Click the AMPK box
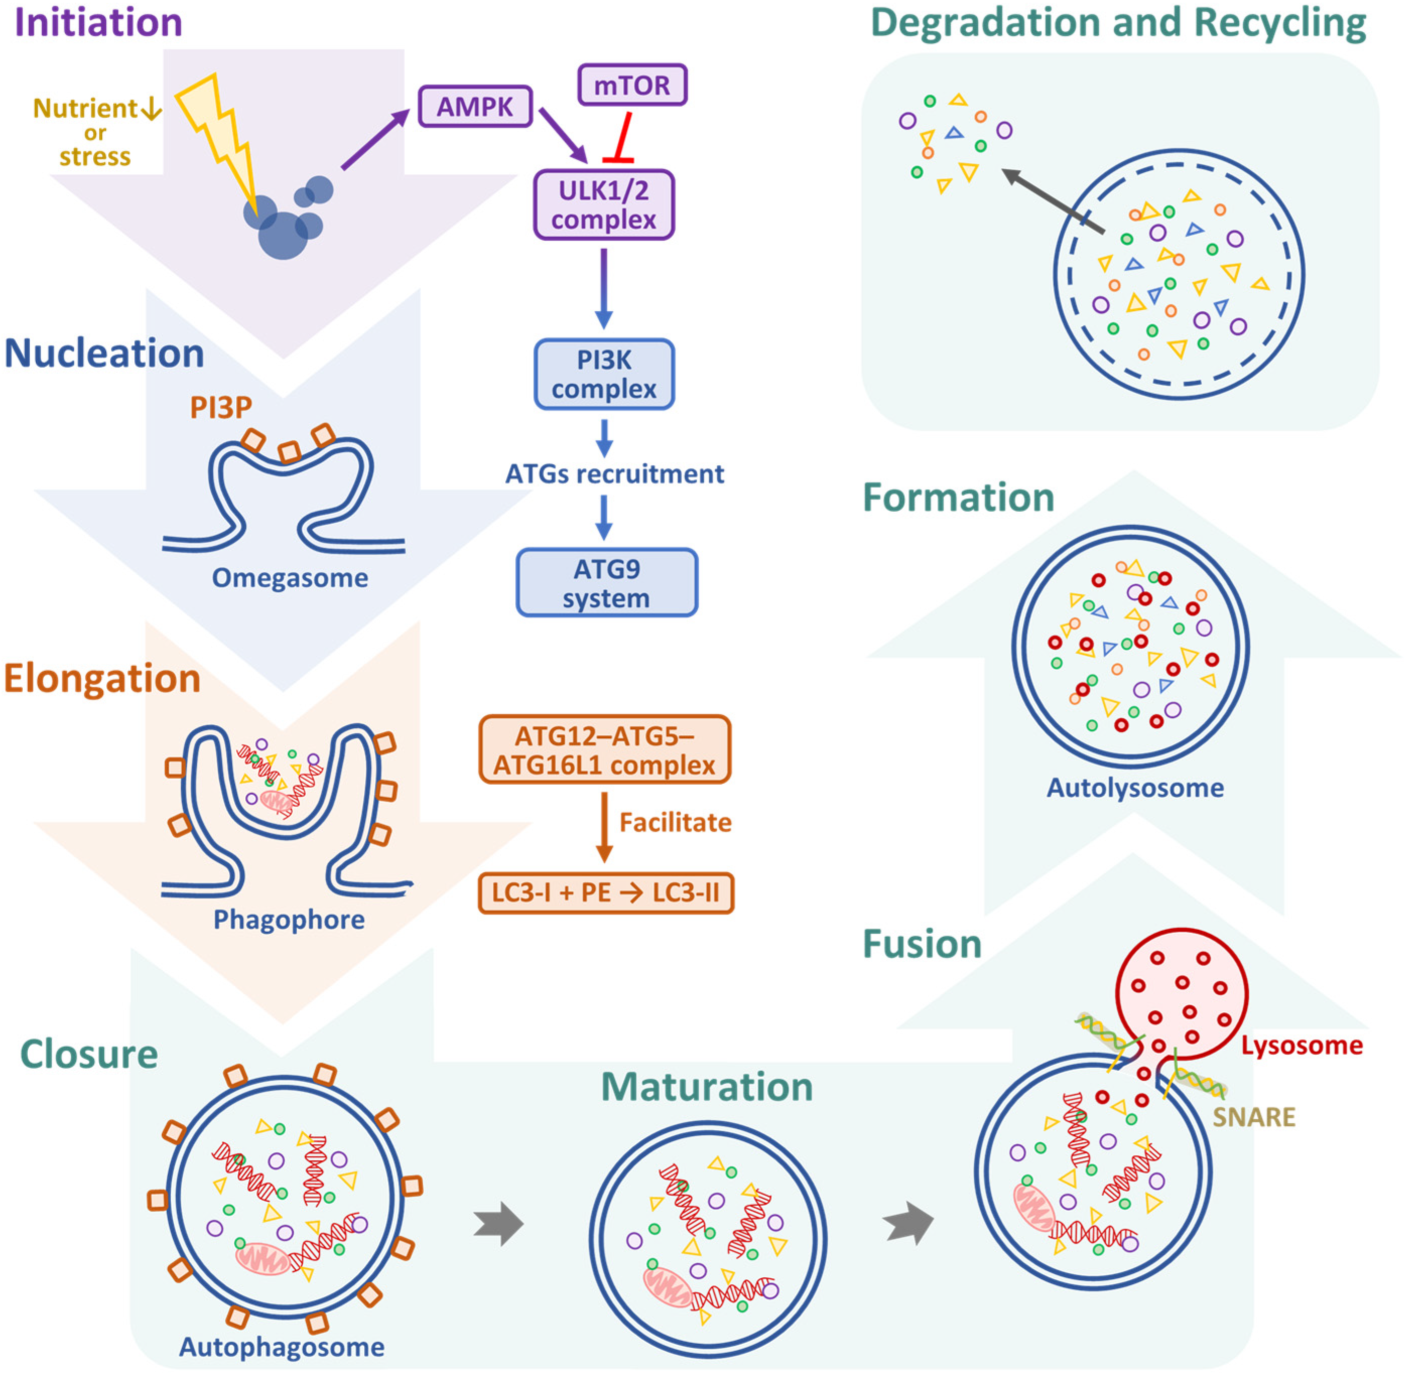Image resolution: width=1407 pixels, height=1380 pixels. (x=475, y=107)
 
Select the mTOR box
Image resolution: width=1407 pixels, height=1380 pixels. (x=631, y=85)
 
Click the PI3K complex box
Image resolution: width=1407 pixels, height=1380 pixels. (x=604, y=374)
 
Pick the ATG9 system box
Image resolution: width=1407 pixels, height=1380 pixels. (x=606, y=583)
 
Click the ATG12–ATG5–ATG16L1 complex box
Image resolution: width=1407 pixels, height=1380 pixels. (x=604, y=750)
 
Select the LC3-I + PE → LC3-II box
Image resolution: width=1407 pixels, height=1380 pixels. (x=606, y=892)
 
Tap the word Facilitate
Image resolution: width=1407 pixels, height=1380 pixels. (x=675, y=822)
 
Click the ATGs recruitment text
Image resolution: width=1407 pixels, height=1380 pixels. (x=614, y=474)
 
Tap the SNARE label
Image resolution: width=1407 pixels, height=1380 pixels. (x=1254, y=1117)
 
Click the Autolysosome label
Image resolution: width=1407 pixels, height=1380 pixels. (x=1134, y=787)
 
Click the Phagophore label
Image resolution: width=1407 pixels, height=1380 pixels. (x=289, y=920)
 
